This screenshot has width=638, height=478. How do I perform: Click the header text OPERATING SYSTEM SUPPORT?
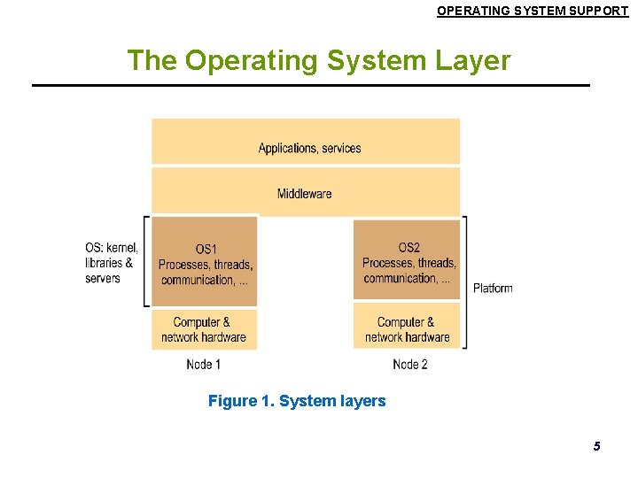click(533, 11)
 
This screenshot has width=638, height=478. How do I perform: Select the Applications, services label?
click(309, 148)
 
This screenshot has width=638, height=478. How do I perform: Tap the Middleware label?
click(304, 193)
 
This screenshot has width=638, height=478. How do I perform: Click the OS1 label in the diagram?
click(206, 249)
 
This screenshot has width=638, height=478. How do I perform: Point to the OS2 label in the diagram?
click(408, 247)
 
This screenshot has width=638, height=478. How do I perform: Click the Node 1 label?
click(204, 364)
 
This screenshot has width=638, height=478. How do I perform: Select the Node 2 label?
click(409, 364)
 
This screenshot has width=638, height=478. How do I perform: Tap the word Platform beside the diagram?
click(493, 288)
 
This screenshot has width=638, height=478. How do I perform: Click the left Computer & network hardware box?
click(204, 329)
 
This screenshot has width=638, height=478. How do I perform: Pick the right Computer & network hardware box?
click(408, 329)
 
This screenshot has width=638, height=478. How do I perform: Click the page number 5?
click(596, 446)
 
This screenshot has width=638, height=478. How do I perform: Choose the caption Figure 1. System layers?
click(297, 401)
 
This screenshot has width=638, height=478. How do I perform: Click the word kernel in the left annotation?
click(122, 247)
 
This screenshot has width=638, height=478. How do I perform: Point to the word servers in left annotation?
click(103, 278)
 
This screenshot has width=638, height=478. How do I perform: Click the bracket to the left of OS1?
click(146, 261)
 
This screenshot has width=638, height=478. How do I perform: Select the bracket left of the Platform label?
click(465, 281)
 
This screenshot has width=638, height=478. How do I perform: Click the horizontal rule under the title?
click(310, 85)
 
